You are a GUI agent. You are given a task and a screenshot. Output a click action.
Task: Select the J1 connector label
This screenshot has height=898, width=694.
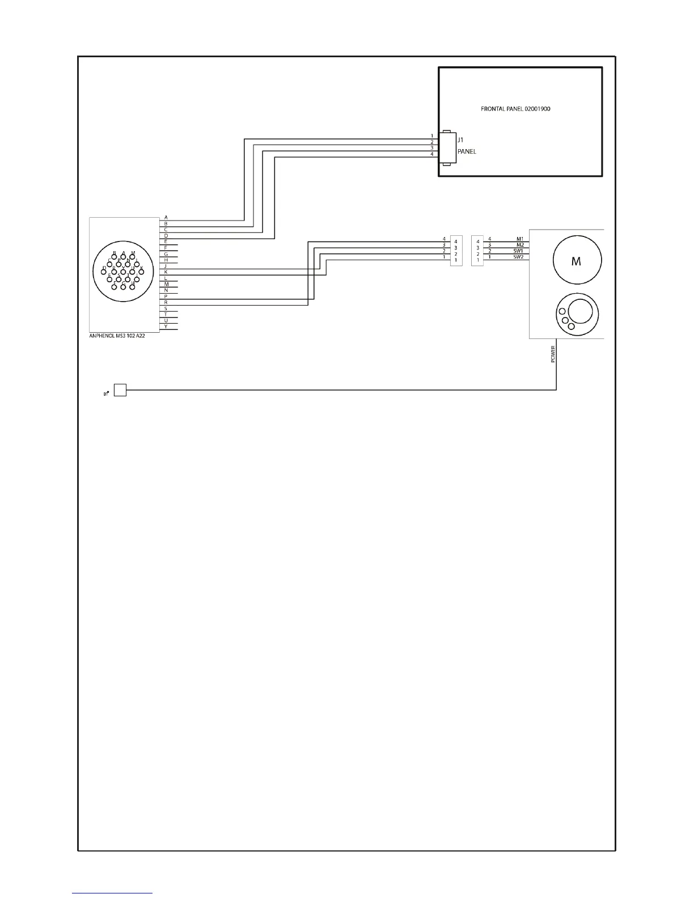(x=461, y=139)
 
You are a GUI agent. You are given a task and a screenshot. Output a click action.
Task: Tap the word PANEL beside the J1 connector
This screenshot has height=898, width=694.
(x=467, y=151)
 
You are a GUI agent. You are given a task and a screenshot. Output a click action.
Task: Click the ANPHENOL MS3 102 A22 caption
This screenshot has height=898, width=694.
(x=113, y=336)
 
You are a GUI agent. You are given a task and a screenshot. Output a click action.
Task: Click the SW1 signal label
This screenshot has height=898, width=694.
(x=518, y=251)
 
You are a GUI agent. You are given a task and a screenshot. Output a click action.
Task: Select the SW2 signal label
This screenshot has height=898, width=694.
(x=518, y=257)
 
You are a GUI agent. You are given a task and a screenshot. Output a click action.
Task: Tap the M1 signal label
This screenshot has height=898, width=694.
(x=519, y=239)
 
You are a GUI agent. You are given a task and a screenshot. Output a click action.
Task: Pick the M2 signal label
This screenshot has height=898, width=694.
(x=519, y=245)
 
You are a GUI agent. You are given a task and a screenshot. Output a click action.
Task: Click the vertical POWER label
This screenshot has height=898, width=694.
(x=553, y=354)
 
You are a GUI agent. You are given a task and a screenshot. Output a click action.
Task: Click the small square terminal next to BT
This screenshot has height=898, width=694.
(x=120, y=390)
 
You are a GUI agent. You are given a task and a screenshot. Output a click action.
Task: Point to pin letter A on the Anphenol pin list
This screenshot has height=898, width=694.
(x=166, y=217)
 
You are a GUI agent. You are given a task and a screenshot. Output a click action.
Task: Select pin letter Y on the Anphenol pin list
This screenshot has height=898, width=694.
(x=166, y=327)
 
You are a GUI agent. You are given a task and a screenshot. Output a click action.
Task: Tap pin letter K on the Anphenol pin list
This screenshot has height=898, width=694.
(x=166, y=272)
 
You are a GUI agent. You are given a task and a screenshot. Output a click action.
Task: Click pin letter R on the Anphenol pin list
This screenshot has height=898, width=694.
(x=166, y=303)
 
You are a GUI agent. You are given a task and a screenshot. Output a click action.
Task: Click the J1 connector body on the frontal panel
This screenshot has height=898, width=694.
(x=447, y=147)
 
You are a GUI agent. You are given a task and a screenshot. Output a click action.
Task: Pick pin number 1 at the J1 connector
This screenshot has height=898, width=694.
(x=432, y=136)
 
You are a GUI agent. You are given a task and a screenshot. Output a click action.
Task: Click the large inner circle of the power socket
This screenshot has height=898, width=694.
(x=580, y=311)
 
